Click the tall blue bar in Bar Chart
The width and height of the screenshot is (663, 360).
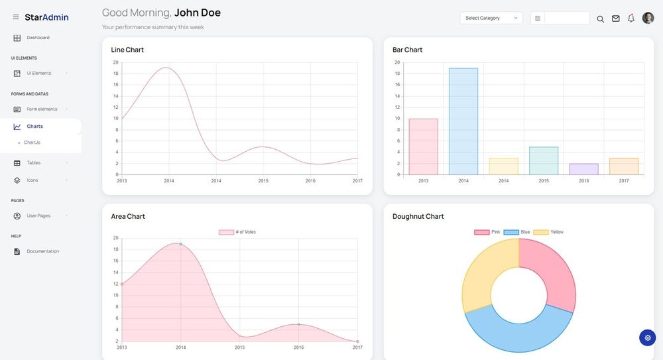tap(463, 121)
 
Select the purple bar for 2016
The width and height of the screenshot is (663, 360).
tap(583, 169)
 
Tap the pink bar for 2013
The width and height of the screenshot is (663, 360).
tap(423, 147)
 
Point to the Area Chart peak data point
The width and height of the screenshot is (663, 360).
tap(180, 244)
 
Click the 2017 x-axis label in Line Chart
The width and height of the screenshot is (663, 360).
tap(357, 181)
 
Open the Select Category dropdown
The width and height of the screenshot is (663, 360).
tap(491, 18)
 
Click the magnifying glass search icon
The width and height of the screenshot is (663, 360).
tap(600, 19)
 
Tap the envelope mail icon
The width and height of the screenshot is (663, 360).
tap(616, 19)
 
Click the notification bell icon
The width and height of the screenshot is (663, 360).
tap(631, 19)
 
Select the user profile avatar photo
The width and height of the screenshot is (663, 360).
tap(648, 18)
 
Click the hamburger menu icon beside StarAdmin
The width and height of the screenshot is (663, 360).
tap(16, 17)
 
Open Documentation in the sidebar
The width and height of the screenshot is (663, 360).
tap(42, 251)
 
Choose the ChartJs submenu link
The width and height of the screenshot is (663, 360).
tap(32, 143)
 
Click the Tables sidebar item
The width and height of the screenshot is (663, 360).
tap(33, 162)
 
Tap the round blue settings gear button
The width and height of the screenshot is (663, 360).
tap(647, 337)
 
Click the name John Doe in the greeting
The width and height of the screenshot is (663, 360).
tap(197, 13)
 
